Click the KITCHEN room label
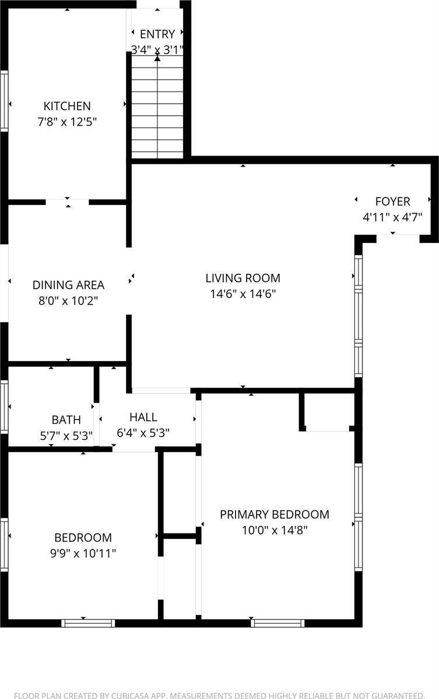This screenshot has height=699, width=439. (67, 106)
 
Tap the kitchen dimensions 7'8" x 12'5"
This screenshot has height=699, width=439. (67, 122)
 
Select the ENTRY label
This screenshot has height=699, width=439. (157, 34)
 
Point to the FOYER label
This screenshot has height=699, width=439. (392, 202)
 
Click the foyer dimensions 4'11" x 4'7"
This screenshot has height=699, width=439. (392, 218)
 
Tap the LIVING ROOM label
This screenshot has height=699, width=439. (243, 278)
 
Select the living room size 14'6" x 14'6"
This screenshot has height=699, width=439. (243, 294)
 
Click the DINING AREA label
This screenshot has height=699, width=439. (68, 285)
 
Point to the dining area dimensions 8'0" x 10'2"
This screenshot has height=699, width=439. (68, 301)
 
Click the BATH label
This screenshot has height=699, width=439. (66, 419)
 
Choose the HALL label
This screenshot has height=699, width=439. (143, 417)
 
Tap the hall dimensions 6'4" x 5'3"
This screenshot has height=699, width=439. (143, 433)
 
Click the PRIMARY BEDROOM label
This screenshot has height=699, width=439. (274, 514)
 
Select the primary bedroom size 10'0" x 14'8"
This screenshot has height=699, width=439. (274, 530)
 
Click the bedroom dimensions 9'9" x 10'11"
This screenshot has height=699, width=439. (83, 553)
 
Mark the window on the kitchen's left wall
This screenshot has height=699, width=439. (4, 100)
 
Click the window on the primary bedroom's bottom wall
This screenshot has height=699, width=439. (278, 623)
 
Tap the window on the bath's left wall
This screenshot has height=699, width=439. (4, 406)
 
